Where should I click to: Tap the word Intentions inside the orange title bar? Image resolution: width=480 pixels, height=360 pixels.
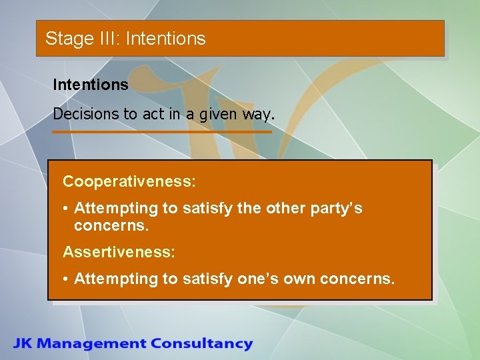click(x=165, y=39)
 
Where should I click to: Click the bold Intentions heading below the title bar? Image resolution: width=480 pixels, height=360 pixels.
click(x=91, y=85)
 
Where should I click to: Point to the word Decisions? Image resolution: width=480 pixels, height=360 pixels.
click(x=86, y=114)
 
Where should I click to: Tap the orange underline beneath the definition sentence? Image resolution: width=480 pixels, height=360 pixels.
click(x=162, y=132)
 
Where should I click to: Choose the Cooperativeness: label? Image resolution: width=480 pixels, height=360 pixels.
click(x=129, y=181)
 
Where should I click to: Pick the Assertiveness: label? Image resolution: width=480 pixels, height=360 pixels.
click(x=119, y=252)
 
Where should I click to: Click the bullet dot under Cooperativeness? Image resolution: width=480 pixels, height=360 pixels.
click(x=67, y=209)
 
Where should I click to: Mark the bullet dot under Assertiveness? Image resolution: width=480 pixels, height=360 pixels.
click(x=67, y=279)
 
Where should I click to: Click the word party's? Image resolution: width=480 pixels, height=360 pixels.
click(x=337, y=209)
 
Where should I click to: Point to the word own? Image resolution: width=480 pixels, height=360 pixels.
click(x=301, y=279)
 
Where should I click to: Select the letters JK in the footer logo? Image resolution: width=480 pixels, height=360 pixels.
click(x=25, y=344)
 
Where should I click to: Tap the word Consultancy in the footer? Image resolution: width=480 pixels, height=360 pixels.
click(x=201, y=344)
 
